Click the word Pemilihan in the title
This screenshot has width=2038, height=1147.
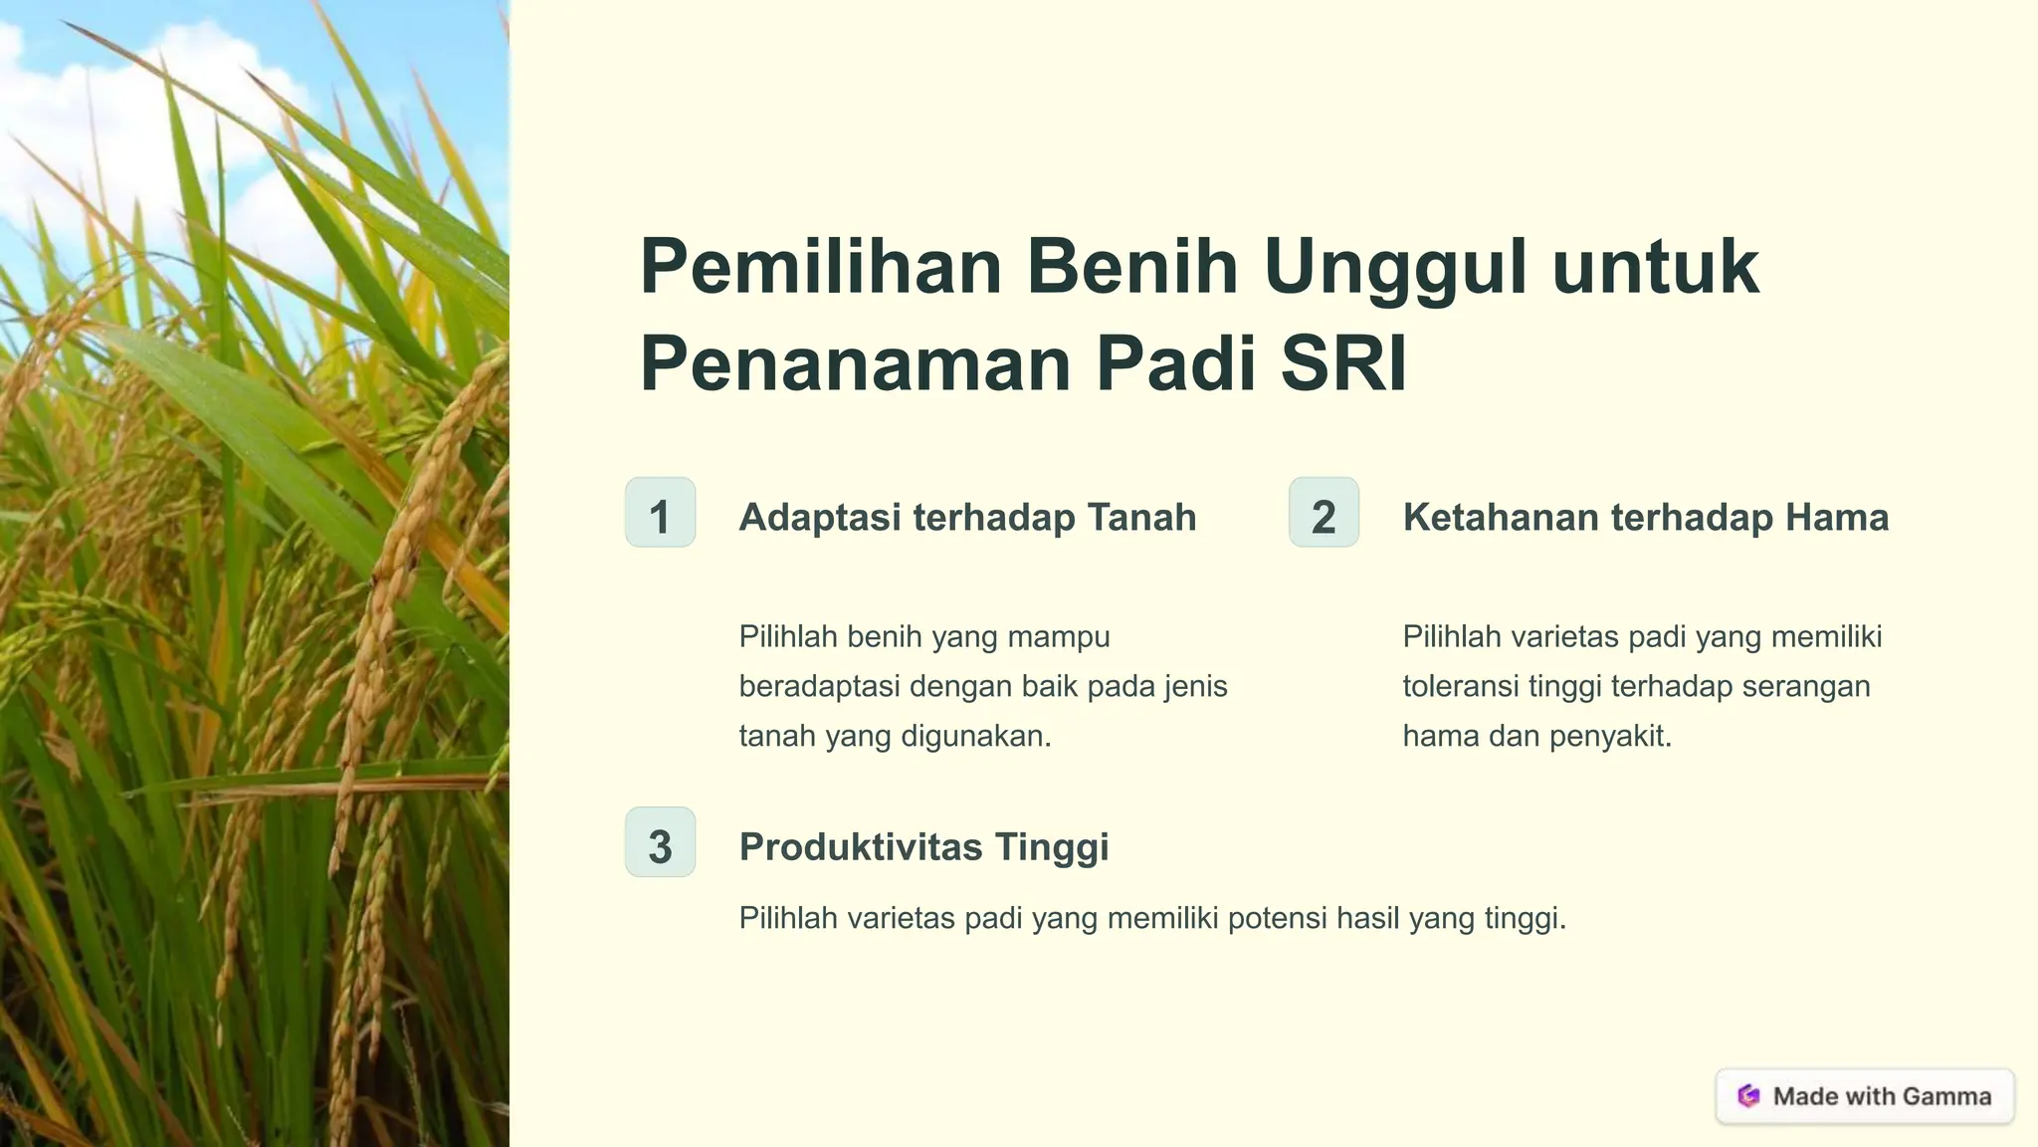pyautogui.click(x=820, y=267)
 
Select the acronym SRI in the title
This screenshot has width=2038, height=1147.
pyautogui.click(x=1343, y=363)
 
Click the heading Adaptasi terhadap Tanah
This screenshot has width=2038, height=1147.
pyautogui.click(x=967, y=518)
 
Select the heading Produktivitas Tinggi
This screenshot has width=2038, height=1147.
pyautogui.click(x=923, y=847)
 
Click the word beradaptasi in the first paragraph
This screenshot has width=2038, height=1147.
pyautogui.click(x=819, y=686)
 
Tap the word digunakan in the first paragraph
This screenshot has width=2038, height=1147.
pyautogui.click(x=975, y=737)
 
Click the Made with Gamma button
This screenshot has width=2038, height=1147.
pyautogui.click(x=1865, y=1096)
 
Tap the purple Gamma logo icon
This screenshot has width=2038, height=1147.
pyautogui.click(x=1748, y=1096)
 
